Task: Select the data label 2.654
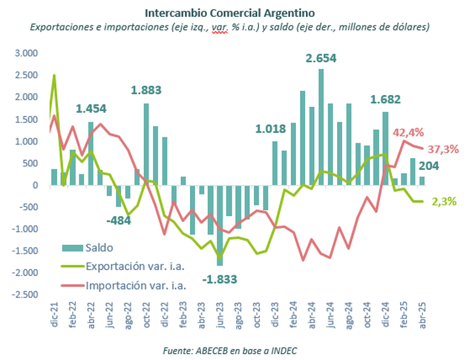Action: tap(321, 59)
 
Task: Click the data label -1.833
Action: tap(219, 279)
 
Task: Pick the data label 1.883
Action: tap(146, 90)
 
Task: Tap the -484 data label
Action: tap(118, 219)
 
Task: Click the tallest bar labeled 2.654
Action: tap(321, 127)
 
